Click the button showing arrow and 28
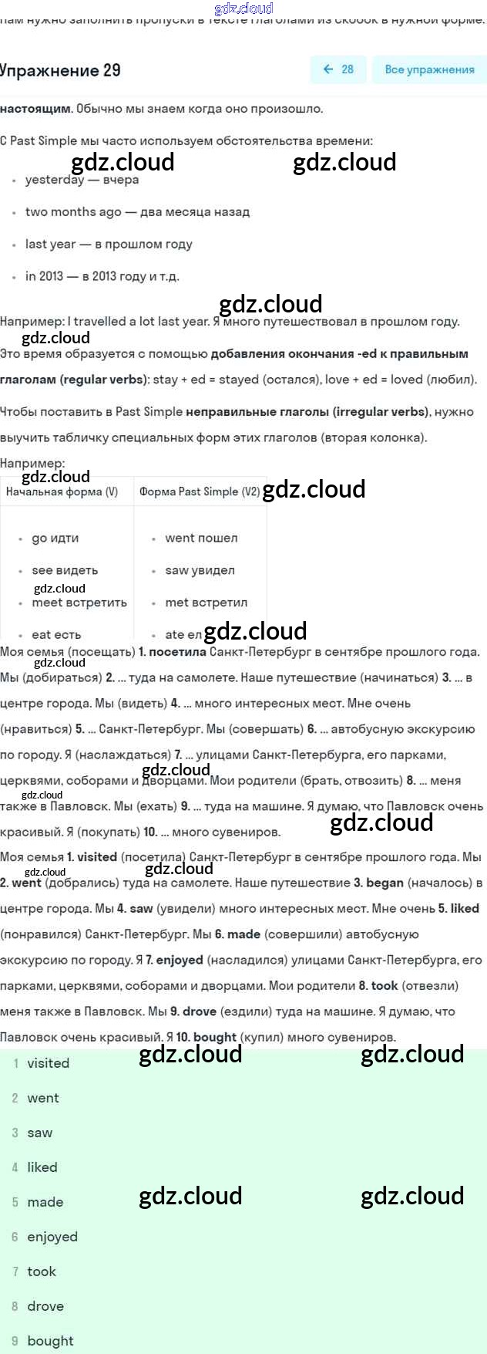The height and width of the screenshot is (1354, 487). point(338,69)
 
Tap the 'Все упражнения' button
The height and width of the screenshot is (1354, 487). point(429,69)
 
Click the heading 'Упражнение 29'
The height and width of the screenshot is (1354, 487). point(60,70)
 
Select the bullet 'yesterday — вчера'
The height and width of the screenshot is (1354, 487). point(82,180)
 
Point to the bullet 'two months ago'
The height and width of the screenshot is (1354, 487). point(137,211)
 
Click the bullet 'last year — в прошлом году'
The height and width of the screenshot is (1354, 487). point(109,244)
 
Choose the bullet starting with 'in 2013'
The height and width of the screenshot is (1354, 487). point(102,276)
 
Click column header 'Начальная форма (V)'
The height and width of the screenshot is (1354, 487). point(62,491)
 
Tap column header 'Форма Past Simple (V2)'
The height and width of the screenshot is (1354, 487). point(199,491)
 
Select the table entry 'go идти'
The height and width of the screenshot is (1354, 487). point(55,538)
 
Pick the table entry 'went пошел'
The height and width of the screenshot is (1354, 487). point(201,538)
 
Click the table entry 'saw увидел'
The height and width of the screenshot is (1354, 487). point(200,570)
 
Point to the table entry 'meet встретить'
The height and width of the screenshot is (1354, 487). point(79,603)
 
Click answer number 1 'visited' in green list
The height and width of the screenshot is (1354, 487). point(48,1063)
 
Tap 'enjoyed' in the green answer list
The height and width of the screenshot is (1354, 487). point(52,1237)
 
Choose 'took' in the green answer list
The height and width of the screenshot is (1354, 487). point(42,1271)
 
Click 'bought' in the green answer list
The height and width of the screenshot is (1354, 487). point(50,1341)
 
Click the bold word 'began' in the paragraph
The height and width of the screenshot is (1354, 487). point(385,883)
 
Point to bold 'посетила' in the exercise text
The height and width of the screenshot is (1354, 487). point(177,652)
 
